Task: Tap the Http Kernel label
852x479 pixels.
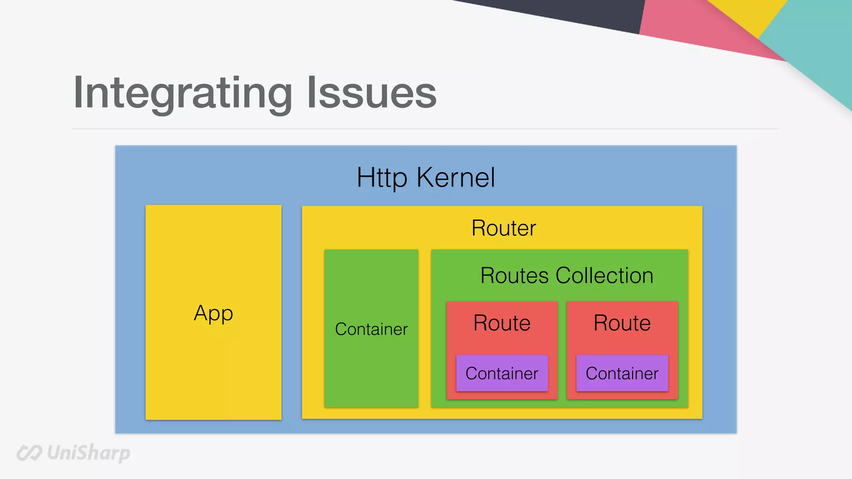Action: pos(426,178)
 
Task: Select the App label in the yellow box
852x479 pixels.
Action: pos(213,313)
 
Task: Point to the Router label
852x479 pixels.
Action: pos(503,228)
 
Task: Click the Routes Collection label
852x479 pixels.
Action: pos(567,275)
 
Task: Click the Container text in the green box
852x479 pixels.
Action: pos(371,329)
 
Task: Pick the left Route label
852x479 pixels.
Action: pos(502,323)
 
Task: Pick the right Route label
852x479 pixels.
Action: pos(622,323)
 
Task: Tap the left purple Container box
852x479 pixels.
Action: pos(502,373)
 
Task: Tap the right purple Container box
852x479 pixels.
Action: pos(622,373)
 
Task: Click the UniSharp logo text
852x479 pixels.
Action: pos(88,452)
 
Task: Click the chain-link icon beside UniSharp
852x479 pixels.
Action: pos(29,453)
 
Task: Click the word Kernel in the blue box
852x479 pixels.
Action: pos(456,178)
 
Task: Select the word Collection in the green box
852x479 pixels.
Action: pos(604,275)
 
